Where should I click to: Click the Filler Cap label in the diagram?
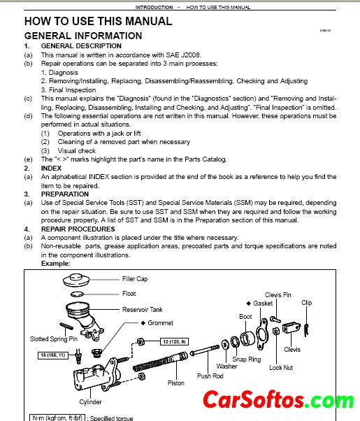(135, 279)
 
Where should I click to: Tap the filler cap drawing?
(76, 280)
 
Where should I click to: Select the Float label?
(129, 294)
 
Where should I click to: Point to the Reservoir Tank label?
(143, 310)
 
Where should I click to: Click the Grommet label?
(160, 322)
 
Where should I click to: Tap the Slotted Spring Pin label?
(53, 339)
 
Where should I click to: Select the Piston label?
(176, 383)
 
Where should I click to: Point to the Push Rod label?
(210, 376)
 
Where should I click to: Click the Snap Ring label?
(247, 359)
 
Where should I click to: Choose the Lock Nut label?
(281, 368)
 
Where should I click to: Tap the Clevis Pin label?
(278, 295)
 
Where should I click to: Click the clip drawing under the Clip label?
(306, 330)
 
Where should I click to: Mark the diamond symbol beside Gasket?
(249, 304)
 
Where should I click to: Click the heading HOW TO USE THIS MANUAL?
(99, 21)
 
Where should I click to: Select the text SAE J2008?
(183, 55)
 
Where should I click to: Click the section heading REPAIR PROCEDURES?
(78, 229)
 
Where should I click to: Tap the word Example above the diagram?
(55, 264)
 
